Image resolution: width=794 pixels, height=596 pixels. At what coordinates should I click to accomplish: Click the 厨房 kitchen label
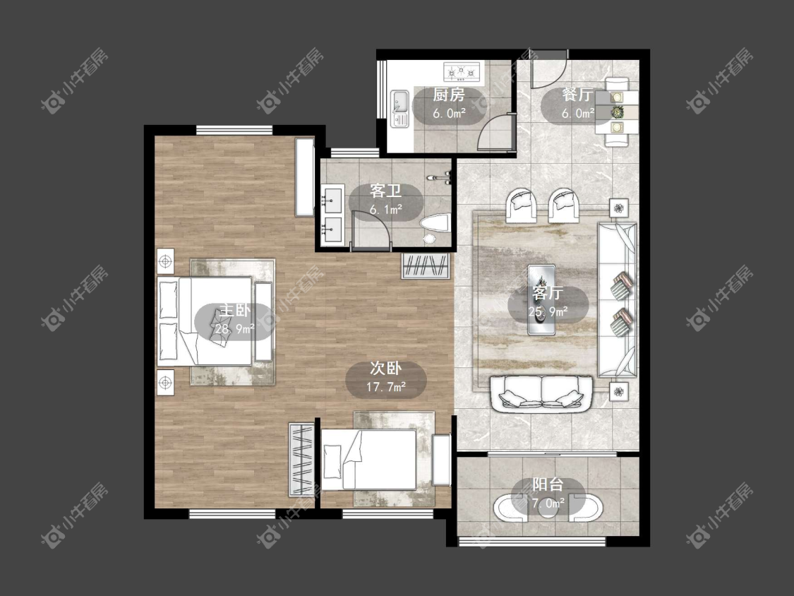pos(449,95)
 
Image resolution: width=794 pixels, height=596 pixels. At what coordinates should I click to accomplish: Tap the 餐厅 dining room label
pos(578,95)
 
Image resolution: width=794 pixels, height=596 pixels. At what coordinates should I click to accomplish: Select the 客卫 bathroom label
pos(386,191)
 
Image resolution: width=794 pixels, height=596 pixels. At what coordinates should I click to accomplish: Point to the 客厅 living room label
pos(548,293)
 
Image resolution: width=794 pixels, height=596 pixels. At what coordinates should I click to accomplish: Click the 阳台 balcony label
pos(548,484)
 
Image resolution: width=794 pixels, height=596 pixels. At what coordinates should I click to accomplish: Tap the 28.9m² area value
pos(234,329)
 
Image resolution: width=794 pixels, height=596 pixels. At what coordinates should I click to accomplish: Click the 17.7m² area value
pos(386,388)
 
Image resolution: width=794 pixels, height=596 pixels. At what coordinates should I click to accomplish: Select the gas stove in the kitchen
pos(462,71)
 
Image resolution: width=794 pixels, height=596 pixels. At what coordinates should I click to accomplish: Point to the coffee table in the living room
pos(541,299)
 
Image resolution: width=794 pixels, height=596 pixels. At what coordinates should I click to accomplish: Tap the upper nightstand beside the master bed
pos(165,261)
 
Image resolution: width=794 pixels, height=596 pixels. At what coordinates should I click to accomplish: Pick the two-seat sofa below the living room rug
pos(541,394)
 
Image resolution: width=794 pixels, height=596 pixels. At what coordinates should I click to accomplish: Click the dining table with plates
pos(616,112)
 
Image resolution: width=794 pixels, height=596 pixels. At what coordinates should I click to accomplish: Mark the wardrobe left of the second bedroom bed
pos(302,459)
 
